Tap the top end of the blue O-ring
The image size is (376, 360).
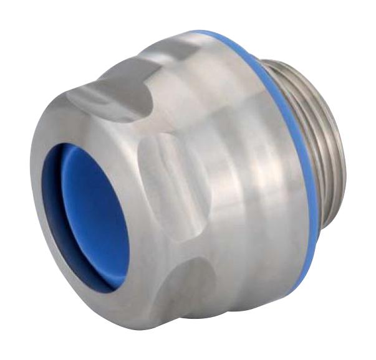(200, 32)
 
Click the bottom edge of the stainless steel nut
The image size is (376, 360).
(187, 324)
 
